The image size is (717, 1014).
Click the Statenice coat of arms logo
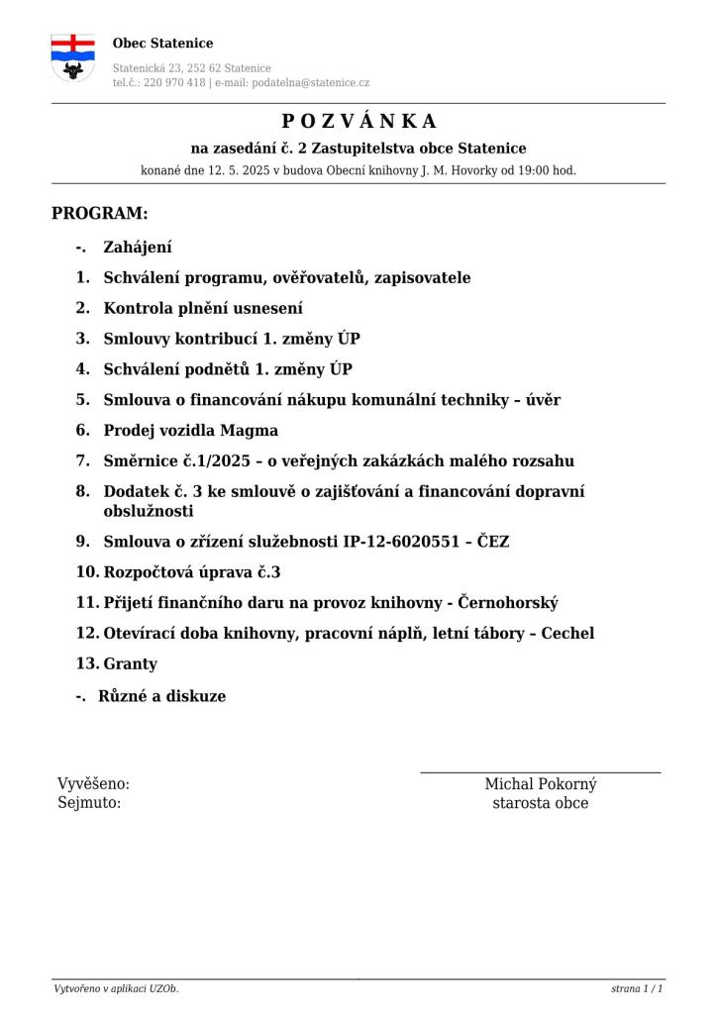click(x=72, y=57)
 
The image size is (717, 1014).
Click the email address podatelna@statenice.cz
click(x=311, y=83)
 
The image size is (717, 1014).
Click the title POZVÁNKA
click(x=358, y=122)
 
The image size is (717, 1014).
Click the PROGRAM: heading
click(x=99, y=213)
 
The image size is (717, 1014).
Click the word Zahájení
click(x=138, y=248)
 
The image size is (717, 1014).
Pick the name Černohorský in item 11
click(x=508, y=603)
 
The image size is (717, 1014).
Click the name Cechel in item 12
click(x=567, y=634)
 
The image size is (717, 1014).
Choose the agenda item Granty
click(x=130, y=664)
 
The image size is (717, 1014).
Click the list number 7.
click(x=82, y=461)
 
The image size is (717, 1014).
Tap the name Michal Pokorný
click(x=540, y=784)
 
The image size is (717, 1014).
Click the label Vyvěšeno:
click(x=93, y=784)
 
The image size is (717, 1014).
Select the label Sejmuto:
click(x=89, y=803)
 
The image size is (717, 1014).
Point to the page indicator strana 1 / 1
click(x=637, y=989)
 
